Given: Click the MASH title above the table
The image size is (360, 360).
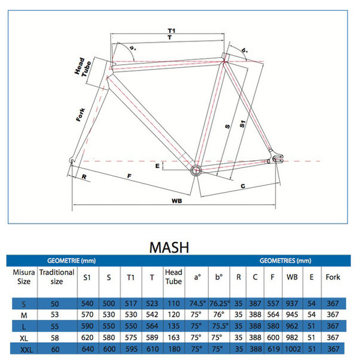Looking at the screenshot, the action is (x=169, y=247).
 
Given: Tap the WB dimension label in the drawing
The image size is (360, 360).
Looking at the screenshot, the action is (x=177, y=201).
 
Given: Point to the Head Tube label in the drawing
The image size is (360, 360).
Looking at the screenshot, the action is (x=83, y=67).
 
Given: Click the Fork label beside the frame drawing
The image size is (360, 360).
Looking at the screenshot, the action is (x=80, y=115).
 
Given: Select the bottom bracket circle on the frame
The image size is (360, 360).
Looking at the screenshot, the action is (x=196, y=170).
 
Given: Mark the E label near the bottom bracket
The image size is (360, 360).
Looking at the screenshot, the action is (x=157, y=166).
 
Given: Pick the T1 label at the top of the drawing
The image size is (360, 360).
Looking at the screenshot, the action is (x=172, y=31).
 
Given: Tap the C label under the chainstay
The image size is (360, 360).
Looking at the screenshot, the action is (x=243, y=186).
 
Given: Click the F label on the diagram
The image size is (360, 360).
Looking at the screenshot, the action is (x=130, y=176).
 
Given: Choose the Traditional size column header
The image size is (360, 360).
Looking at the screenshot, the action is (x=57, y=277).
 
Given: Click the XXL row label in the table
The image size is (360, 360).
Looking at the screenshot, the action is (x=26, y=350).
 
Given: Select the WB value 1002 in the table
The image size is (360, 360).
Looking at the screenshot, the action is (x=293, y=349).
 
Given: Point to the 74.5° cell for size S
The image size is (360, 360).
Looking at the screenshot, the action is (x=197, y=304).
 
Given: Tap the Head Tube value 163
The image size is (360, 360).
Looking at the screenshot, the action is (x=173, y=337).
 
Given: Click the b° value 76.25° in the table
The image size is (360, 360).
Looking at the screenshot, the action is (x=220, y=304).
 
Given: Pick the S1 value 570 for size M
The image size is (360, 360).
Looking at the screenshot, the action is (x=87, y=314).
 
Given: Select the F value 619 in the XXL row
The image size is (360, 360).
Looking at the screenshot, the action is (x=274, y=349).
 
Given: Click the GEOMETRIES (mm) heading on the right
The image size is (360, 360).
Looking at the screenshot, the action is (x=286, y=260).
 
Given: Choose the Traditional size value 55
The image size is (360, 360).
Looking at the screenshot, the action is (x=55, y=326).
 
